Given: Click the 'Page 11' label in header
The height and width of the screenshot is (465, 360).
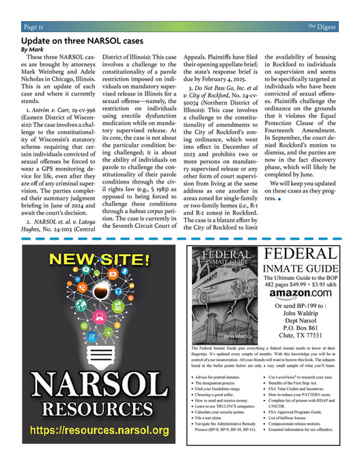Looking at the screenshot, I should pyautogui.click(x=34, y=27).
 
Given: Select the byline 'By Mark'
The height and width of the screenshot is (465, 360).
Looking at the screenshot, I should pyautogui.click(x=31, y=50).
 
